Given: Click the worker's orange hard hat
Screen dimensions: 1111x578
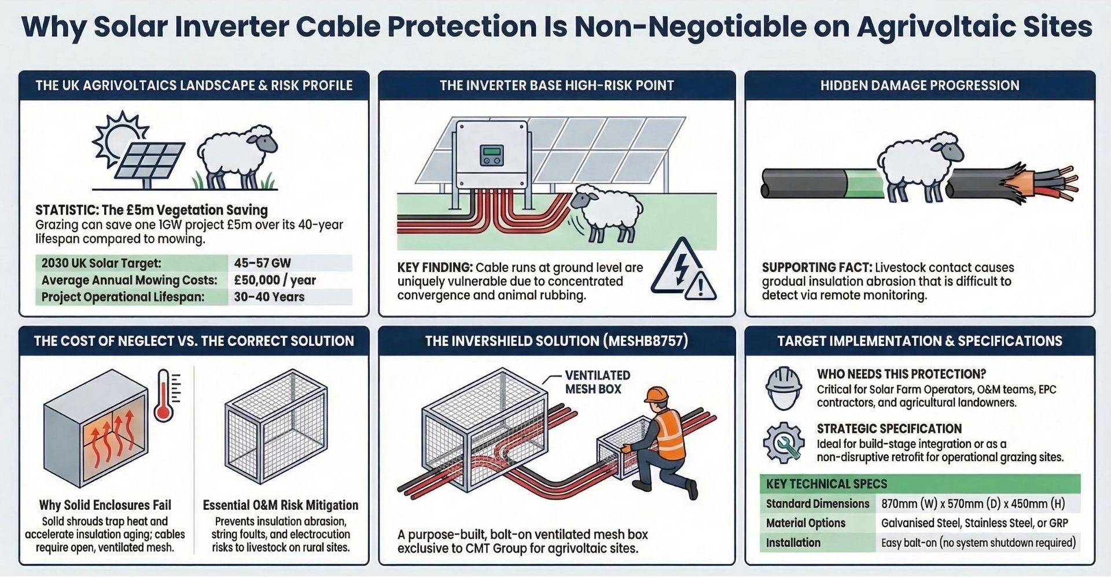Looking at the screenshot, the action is (x=657, y=395).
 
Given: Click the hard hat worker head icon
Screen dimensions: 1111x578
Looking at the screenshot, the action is (x=783, y=388).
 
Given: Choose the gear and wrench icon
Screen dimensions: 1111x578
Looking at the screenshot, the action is (x=783, y=443).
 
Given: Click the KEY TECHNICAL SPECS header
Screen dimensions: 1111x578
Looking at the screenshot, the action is (x=826, y=484).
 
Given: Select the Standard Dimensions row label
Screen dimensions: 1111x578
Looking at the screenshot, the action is (x=818, y=503).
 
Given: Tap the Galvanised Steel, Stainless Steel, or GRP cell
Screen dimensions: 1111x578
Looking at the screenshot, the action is (x=974, y=523).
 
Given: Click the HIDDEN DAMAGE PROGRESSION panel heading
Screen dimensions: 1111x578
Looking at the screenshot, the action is (x=919, y=86).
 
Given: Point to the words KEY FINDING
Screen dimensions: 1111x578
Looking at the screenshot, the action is (x=435, y=267).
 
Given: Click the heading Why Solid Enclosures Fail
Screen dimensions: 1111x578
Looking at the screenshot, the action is (x=105, y=505).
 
